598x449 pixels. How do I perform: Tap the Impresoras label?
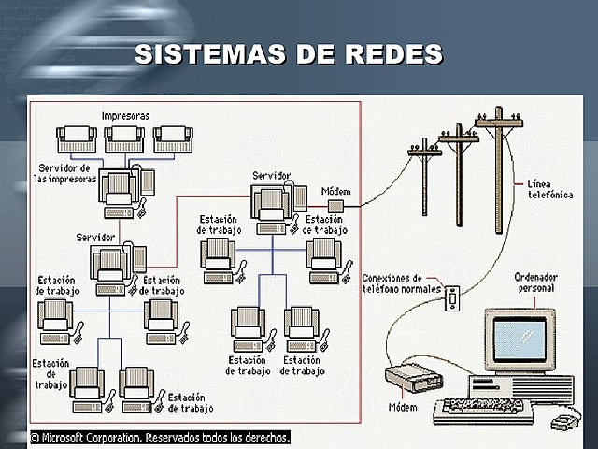click(126, 115)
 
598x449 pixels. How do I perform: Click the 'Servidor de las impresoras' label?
click(64, 173)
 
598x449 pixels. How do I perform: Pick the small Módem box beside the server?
click(335, 205)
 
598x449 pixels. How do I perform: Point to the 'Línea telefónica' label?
click(550, 191)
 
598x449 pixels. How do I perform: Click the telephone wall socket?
click(453, 297)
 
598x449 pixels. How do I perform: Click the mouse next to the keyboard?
click(562, 423)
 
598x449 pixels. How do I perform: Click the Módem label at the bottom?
click(404, 408)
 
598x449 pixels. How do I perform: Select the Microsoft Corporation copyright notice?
click(160, 437)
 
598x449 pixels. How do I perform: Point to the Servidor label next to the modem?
click(271, 175)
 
